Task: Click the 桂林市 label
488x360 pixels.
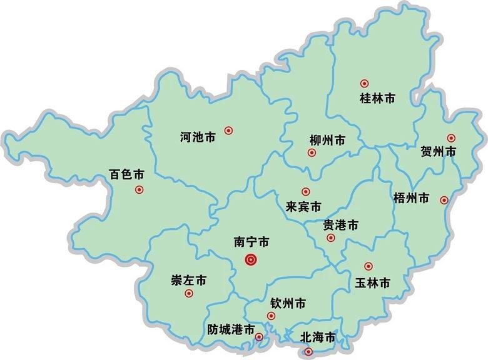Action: click(x=378, y=98)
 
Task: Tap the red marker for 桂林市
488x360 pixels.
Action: click(x=365, y=83)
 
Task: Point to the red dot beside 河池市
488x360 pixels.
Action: click(x=229, y=131)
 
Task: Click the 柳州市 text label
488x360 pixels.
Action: click(x=327, y=140)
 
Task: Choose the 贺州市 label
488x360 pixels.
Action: click(x=439, y=152)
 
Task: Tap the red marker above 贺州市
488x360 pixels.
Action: click(x=451, y=138)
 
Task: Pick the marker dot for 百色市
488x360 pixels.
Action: click(x=139, y=189)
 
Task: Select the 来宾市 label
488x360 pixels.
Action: click(x=303, y=206)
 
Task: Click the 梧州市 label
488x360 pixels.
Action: click(x=412, y=198)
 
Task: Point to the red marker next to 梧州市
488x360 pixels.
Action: click(x=444, y=200)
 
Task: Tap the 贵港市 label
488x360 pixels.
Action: click(x=340, y=225)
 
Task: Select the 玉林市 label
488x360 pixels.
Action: click(x=372, y=282)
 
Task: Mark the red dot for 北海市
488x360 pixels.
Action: click(x=307, y=352)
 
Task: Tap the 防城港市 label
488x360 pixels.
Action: click(x=230, y=329)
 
